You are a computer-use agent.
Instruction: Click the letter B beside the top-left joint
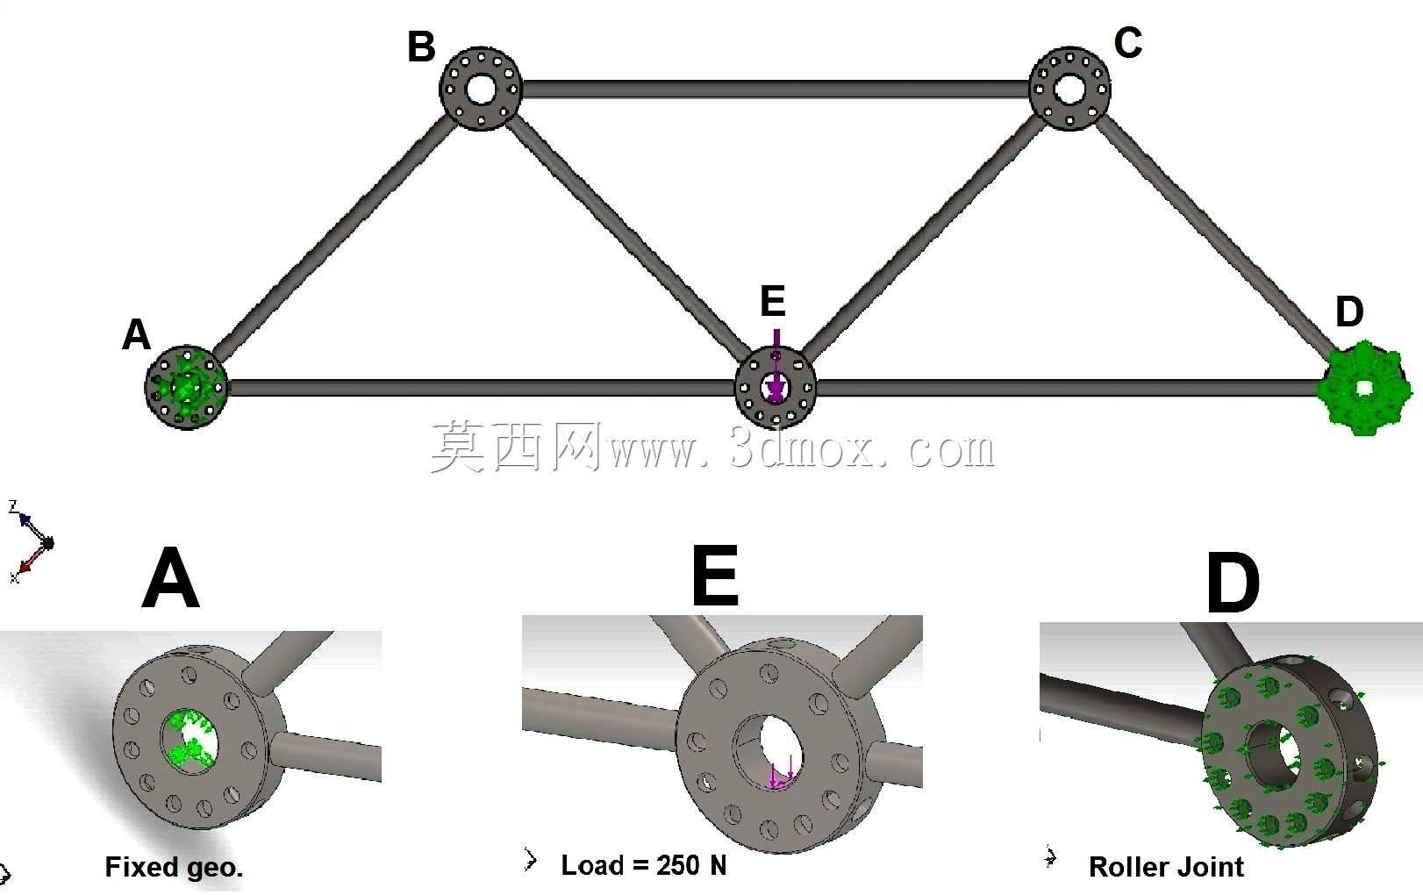pos(421,47)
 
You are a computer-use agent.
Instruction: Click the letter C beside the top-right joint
pos(1128,43)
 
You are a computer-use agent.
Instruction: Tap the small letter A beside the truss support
pos(137,334)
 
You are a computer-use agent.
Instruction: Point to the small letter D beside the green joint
pos(1349,311)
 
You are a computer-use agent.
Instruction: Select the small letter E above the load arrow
pos(773,300)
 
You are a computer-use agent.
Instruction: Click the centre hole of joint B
pos(481,89)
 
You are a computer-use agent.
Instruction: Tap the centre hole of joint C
pos(1069,89)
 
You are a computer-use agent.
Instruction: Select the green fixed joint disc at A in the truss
pos(186,388)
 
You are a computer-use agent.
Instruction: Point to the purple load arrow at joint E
pos(776,366)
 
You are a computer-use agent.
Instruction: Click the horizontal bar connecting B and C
pos(775,89)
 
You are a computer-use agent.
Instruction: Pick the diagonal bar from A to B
pos(332,235)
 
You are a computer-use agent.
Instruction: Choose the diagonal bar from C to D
pos(1217,233)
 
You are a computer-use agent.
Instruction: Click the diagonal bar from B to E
pos(630,237)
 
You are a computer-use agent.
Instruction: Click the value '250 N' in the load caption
pos(692,865)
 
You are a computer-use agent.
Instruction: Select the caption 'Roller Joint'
pos(1166,867)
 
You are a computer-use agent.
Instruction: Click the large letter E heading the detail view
pos(715,575)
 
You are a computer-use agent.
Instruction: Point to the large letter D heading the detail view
pos(1233,583)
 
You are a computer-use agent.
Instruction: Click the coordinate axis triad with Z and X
pos(31,542)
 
